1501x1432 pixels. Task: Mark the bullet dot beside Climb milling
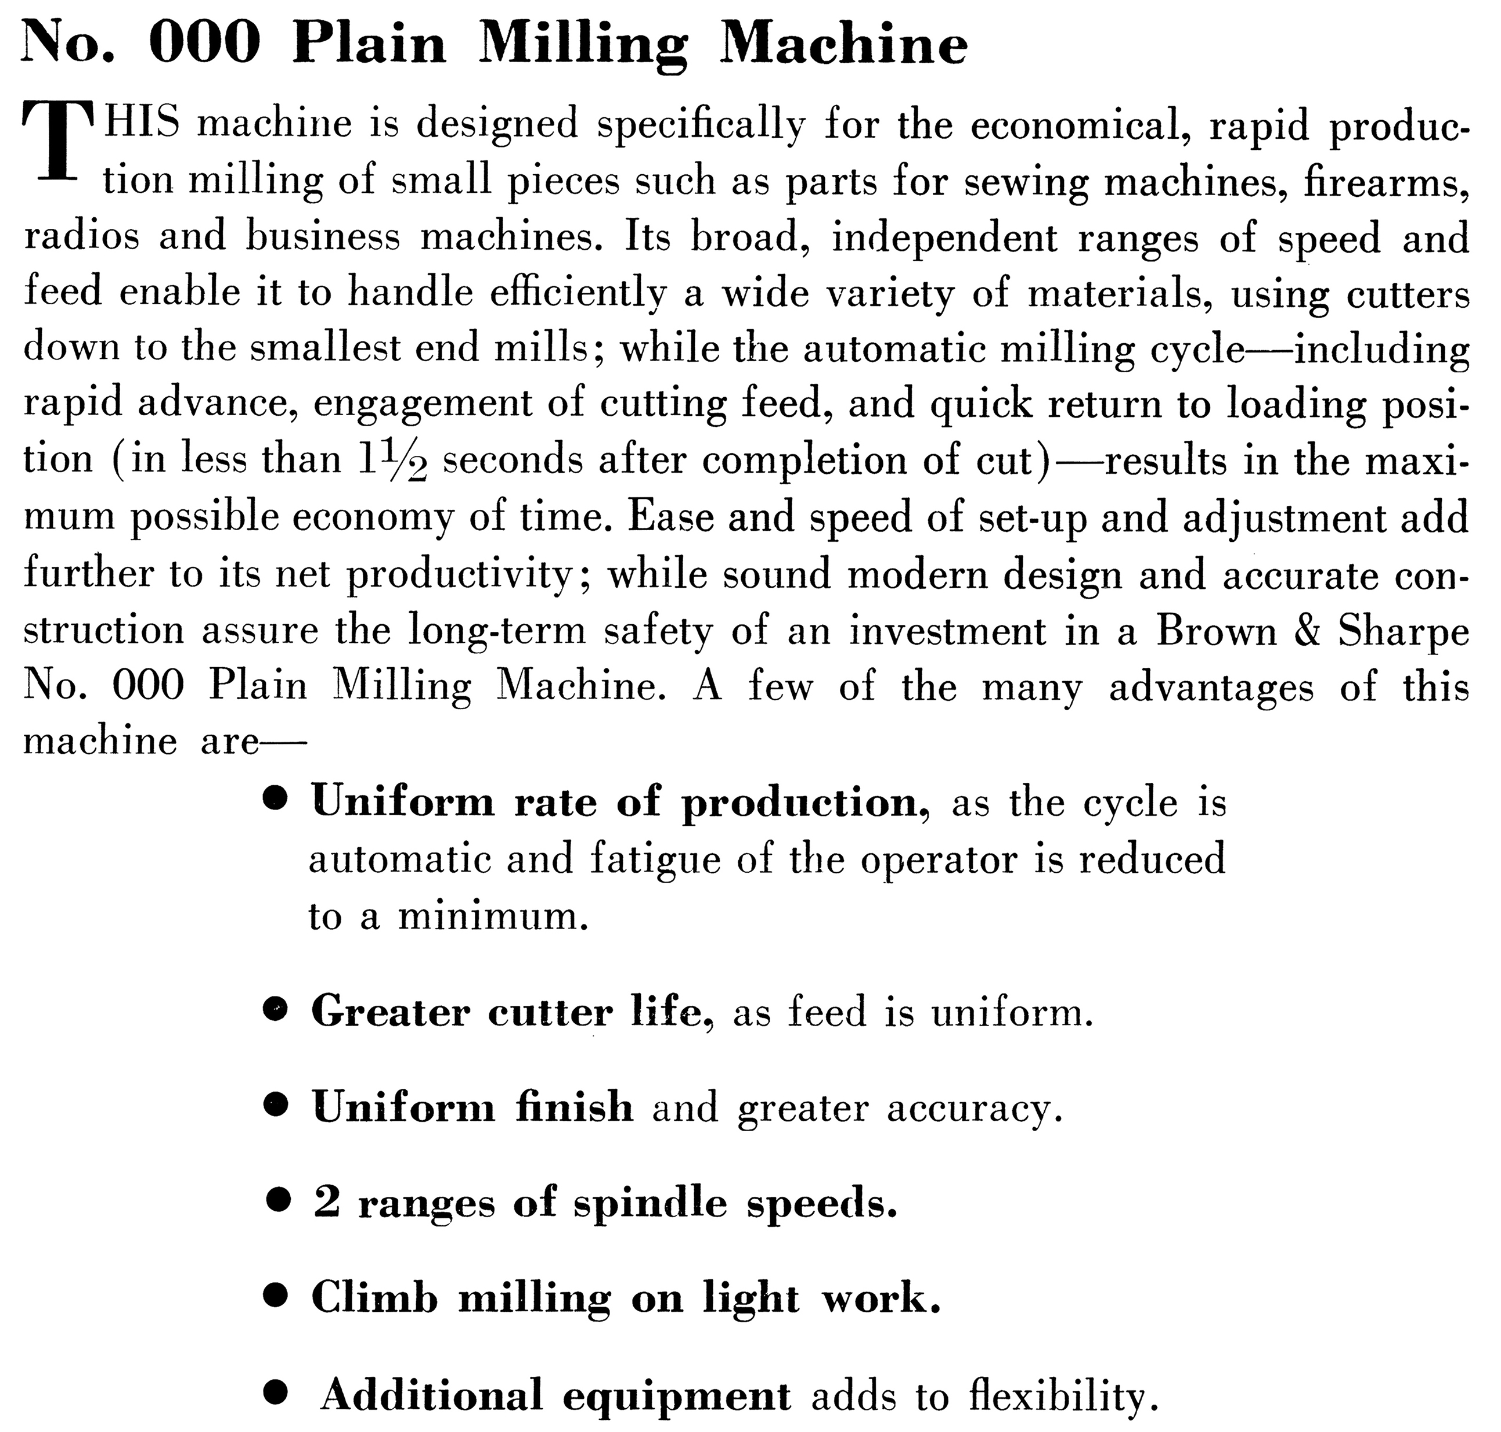click(276, 1296)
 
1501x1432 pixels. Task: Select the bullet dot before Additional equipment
click(276, 1393)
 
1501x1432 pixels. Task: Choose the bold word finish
click(574, 1107)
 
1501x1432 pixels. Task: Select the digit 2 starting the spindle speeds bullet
click(327, 1202)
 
